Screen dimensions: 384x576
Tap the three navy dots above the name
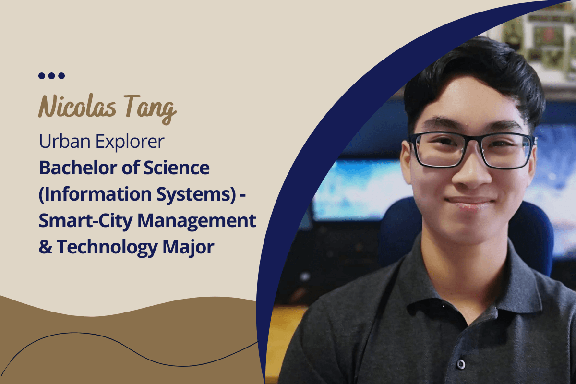51,76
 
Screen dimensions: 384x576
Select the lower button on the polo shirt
461,363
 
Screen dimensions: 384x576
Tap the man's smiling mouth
470,201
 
